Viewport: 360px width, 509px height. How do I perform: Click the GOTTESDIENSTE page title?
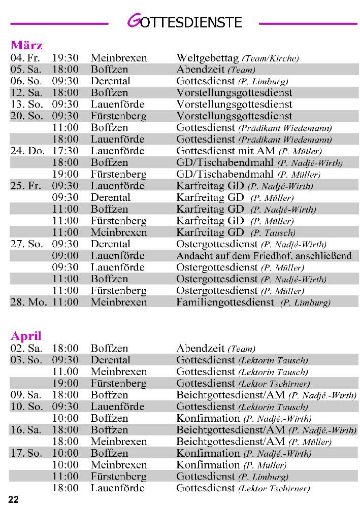click(x=184, y=22)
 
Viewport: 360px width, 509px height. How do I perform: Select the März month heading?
click(x=26, y=45)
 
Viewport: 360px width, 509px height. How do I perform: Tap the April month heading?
click(x=26, y=336)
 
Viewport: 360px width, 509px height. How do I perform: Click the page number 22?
click(x=13, y=500)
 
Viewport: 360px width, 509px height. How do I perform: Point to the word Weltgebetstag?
click(x=208, y=58)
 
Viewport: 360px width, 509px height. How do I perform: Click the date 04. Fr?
click(x=25, y=58)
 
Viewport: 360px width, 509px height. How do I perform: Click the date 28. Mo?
click(x=28, y=302)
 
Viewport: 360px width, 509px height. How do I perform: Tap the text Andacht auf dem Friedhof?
click(x=230, y=256)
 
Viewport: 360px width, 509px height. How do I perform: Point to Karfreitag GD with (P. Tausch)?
click(x=210, y=232)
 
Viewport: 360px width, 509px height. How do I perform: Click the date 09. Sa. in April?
click(x=26, y=395)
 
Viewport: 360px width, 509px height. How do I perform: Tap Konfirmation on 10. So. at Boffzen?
click(x=208, y=418)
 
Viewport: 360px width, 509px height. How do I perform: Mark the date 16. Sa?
click(x=26, y=430)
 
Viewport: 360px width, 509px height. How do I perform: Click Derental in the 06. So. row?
click(x=110, y=81)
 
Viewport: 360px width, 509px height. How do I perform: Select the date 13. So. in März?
click(x=26, y=104)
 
